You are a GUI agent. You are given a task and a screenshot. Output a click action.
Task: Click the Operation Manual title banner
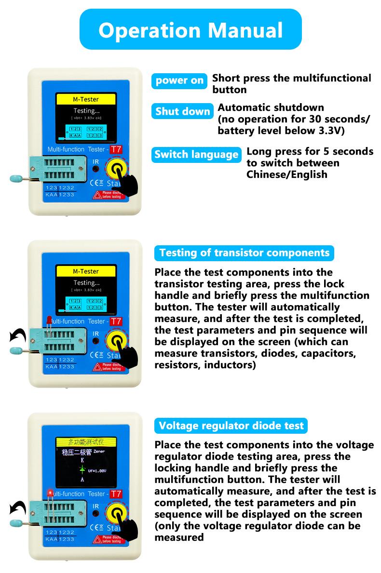point(190,29)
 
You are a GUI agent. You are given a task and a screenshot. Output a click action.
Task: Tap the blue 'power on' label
point(179,80)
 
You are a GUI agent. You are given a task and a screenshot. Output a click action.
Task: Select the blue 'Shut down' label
point(183,112)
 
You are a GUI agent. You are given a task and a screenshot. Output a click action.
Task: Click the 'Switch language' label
point(196,155)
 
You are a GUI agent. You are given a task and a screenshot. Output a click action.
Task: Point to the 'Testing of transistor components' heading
point(244,253)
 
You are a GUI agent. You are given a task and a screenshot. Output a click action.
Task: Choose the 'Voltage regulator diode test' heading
point(231,426)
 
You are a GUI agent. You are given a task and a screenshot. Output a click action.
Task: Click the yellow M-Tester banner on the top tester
point(86,100)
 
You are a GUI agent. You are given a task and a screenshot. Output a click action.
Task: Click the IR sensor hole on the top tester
point(95,169)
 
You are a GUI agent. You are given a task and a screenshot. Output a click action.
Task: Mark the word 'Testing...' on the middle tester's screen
point(86,283)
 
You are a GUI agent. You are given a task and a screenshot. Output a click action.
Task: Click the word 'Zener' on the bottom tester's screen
point(99,452)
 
